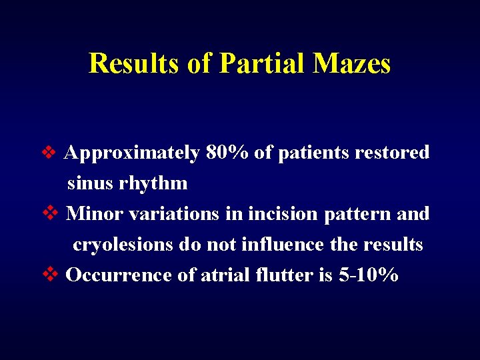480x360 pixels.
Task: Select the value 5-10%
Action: point(368,275)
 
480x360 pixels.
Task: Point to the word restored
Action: point(392,153)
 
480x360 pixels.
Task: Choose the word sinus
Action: point(90,183)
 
